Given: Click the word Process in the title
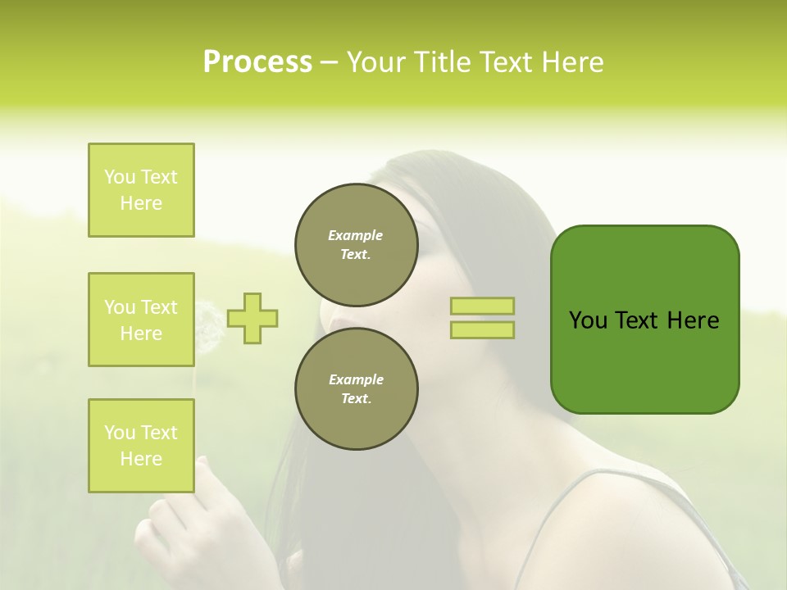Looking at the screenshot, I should (x=257, y=62).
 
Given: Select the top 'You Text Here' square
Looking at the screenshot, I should (x=141, y=190).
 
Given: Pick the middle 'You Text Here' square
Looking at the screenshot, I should (x=141, y=320).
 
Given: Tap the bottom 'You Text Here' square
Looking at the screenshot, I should (x=141, y=446).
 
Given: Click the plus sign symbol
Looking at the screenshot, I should (x=252, y=318).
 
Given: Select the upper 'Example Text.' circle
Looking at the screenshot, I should (x=356, y=244).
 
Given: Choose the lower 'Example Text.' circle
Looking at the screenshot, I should (x=356, y=388).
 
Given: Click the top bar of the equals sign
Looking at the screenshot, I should (x=482, y=306).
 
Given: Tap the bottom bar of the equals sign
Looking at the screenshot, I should (x=482, y=330).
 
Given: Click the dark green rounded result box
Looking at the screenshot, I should (x=644, y=320).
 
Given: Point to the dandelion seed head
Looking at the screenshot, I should (x=207, y=324).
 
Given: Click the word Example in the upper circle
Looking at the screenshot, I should (x=355, y=235).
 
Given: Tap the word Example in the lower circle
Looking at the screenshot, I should (x=356, y=379).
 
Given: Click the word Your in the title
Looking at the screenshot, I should (x=376, y=62).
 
